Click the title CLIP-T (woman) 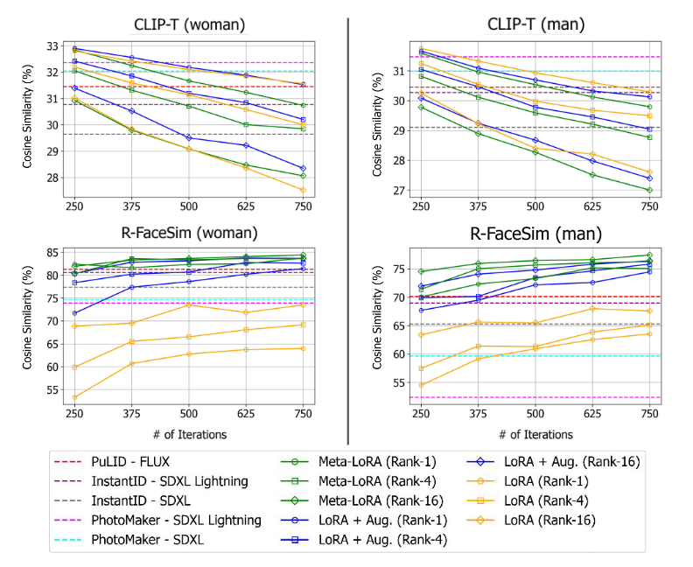coord(188,24)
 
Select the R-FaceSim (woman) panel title coord(188,233)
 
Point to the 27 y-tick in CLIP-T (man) coord(398,190)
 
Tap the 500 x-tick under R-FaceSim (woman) coord(188,415)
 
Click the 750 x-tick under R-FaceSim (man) coord(648,415)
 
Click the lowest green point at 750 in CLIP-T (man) coord(648,190)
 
